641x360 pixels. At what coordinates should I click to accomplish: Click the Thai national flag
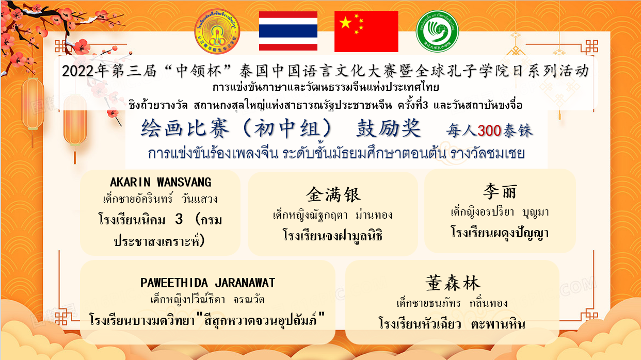tap(288, 31)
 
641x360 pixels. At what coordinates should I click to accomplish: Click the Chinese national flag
tap(366, 31)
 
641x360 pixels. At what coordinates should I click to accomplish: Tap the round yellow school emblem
tap(217, 31)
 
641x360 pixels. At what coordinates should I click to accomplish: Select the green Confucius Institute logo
tap(437, 31)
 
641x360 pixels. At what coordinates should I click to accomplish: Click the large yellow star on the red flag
tap(346, 23)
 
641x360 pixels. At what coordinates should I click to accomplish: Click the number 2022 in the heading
tap(78, 71)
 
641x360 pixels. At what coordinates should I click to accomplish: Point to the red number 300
tap(489, 131)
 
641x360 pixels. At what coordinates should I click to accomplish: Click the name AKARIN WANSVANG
tap(161, 182)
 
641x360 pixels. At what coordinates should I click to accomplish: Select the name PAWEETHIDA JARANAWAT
tap(208, 283)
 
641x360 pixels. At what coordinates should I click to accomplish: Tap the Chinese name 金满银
tap(333, 195)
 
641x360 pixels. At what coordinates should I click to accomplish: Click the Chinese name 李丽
tap(500, 191)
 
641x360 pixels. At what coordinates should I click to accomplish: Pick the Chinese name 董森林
tap(453, 283)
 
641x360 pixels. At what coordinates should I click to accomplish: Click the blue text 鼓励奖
tap(389, 128)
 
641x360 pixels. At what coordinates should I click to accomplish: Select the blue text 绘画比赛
tap(185, 128)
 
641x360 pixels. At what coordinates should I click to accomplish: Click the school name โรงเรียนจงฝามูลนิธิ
tap(332, 235)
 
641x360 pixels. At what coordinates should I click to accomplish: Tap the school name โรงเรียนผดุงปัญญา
tap(500, 232)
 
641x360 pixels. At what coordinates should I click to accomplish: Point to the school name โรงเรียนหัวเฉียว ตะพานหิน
tap(452, 324)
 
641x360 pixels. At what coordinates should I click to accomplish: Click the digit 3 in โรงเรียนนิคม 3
tap(179, 220)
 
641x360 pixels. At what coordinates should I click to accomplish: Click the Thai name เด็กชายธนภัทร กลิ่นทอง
tap(452, 303)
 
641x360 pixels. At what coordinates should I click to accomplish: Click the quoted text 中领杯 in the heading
tap(199, 71)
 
